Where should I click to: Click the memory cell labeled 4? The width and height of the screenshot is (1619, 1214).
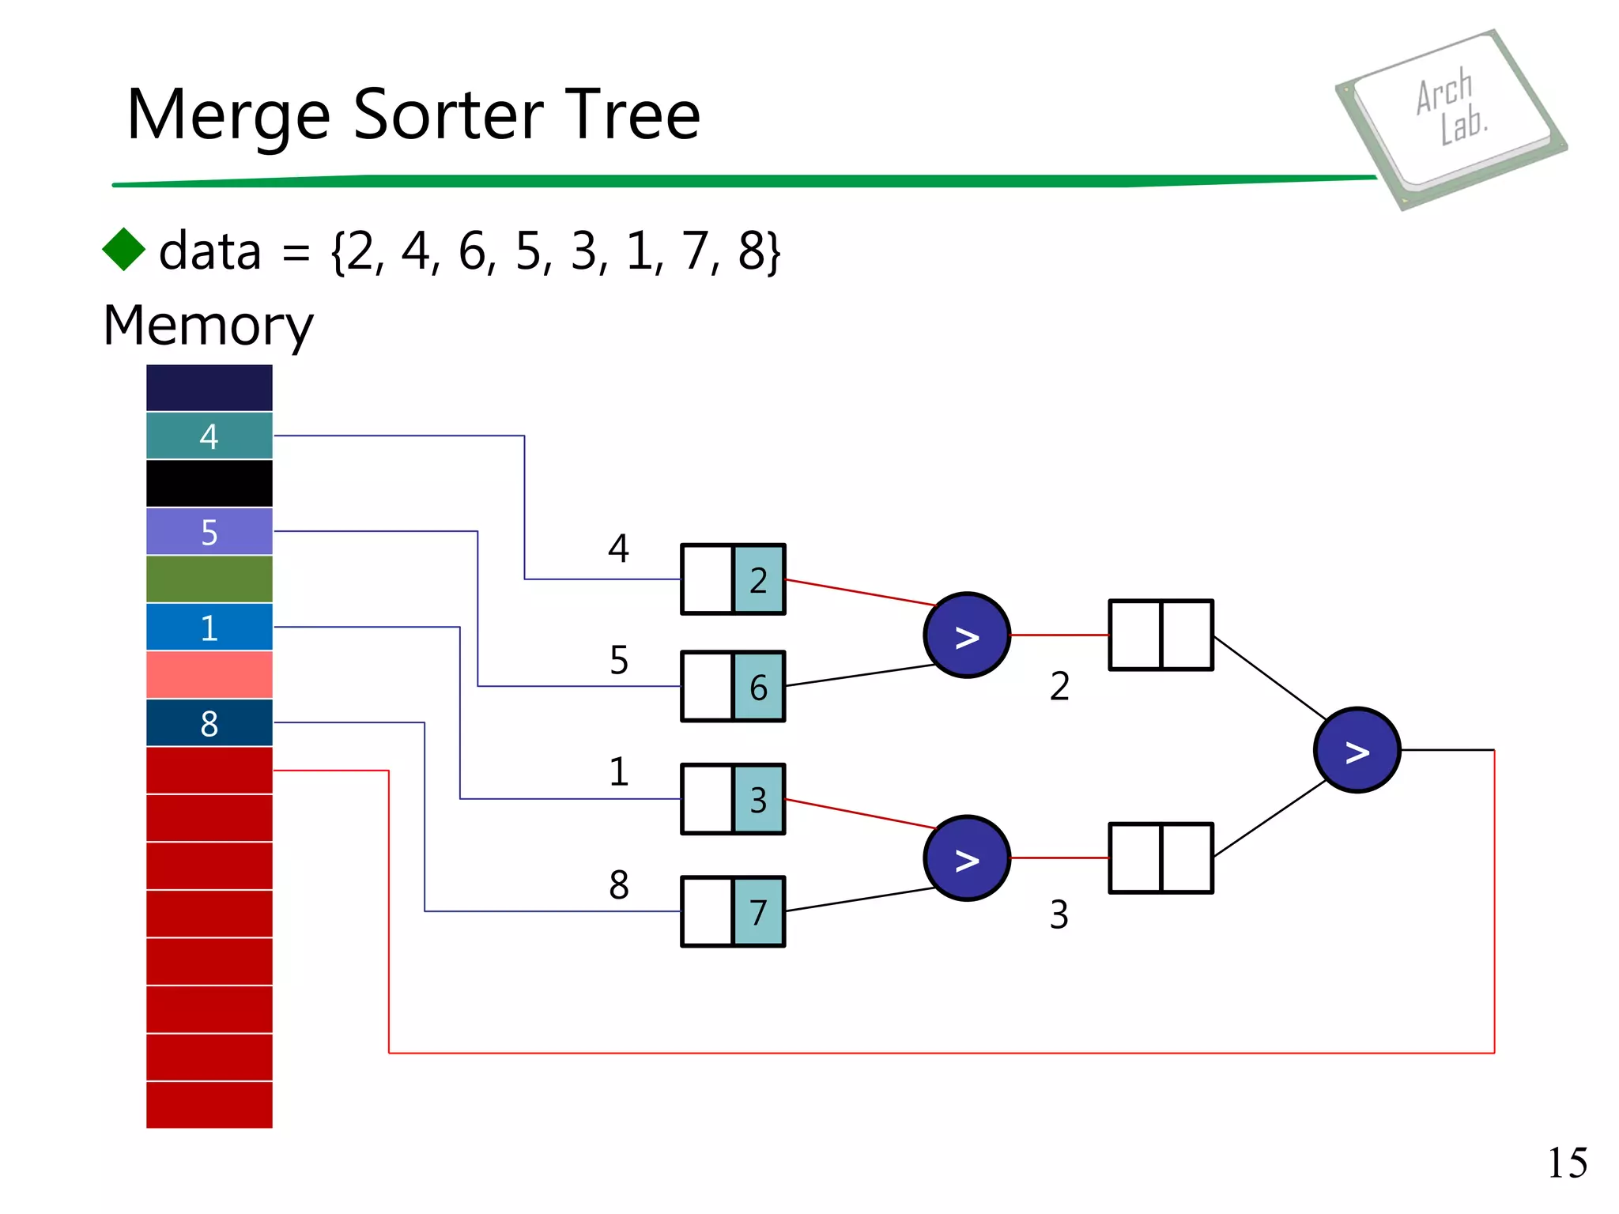(209, 435)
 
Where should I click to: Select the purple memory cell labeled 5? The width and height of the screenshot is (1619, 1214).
(209, 532)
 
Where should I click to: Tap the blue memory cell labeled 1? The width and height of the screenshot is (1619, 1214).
(209, 628)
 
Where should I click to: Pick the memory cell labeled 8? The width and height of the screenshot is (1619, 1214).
(209, 723)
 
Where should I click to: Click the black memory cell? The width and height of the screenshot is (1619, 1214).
(209, 484)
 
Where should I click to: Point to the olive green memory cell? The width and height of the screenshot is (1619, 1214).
(209, 579)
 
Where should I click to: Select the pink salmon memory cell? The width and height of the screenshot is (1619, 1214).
(209, 675)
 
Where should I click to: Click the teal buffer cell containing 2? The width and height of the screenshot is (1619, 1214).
(759, 579)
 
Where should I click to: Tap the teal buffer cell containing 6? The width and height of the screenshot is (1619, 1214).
(759, 687)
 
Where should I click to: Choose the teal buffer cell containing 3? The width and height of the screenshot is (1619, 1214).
(759, 799)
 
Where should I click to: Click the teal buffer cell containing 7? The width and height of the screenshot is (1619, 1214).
(759, 911)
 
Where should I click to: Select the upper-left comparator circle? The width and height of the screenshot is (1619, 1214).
(967, 635)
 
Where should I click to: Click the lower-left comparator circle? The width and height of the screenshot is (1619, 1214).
(967, 858)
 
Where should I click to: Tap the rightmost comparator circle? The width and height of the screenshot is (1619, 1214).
(1357, 750)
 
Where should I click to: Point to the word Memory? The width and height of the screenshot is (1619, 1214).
(208, 326)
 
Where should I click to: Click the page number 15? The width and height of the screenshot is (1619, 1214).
(1567, 1163)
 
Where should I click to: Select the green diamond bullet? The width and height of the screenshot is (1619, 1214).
(124, 250)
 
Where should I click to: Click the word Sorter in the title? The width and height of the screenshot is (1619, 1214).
(449, 115)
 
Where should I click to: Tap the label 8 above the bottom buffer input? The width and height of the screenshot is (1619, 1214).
(619, 884)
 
